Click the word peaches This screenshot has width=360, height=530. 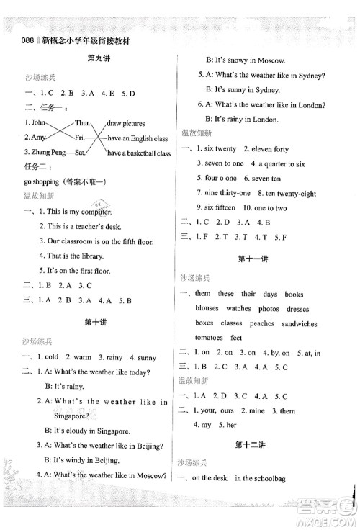point(262,324)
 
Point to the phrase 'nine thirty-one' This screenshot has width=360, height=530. point(224,193)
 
